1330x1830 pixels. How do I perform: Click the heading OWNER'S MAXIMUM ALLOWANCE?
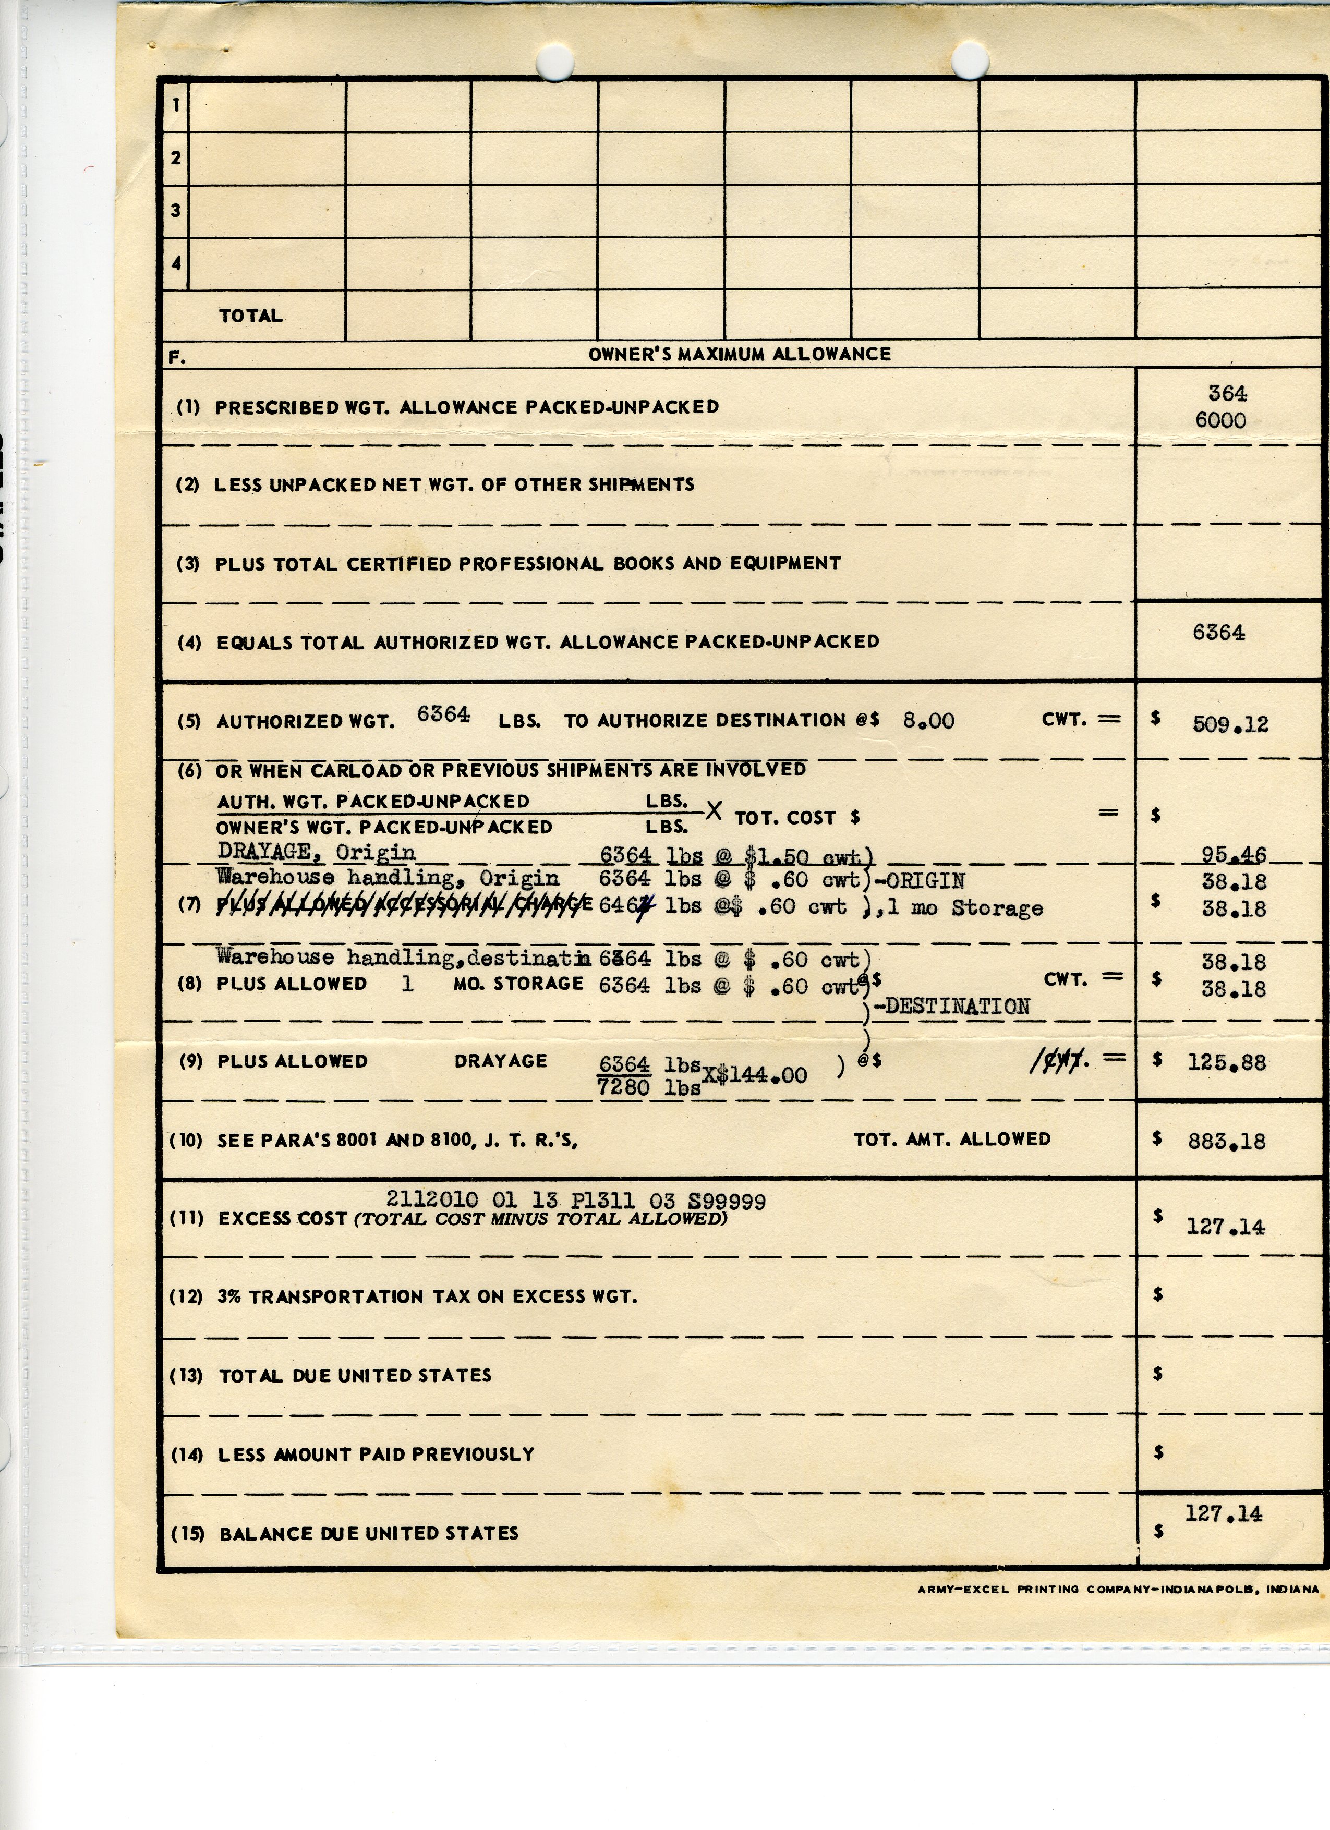739,354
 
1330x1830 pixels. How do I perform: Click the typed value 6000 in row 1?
1220,420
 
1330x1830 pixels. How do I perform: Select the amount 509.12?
1230,724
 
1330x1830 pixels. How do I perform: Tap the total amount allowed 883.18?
1226,1141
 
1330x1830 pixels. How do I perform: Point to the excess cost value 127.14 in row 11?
1225,1227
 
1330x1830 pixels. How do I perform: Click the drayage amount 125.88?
1226,1063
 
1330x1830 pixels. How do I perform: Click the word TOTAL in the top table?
250,316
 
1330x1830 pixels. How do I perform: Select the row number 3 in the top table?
176,211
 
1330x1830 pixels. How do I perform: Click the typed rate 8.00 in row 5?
928,721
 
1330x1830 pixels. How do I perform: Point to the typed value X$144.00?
755,1075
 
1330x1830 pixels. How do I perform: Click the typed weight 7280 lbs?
648,1088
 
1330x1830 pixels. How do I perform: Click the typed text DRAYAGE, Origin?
317,852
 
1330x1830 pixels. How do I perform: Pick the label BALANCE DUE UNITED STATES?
369,1533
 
